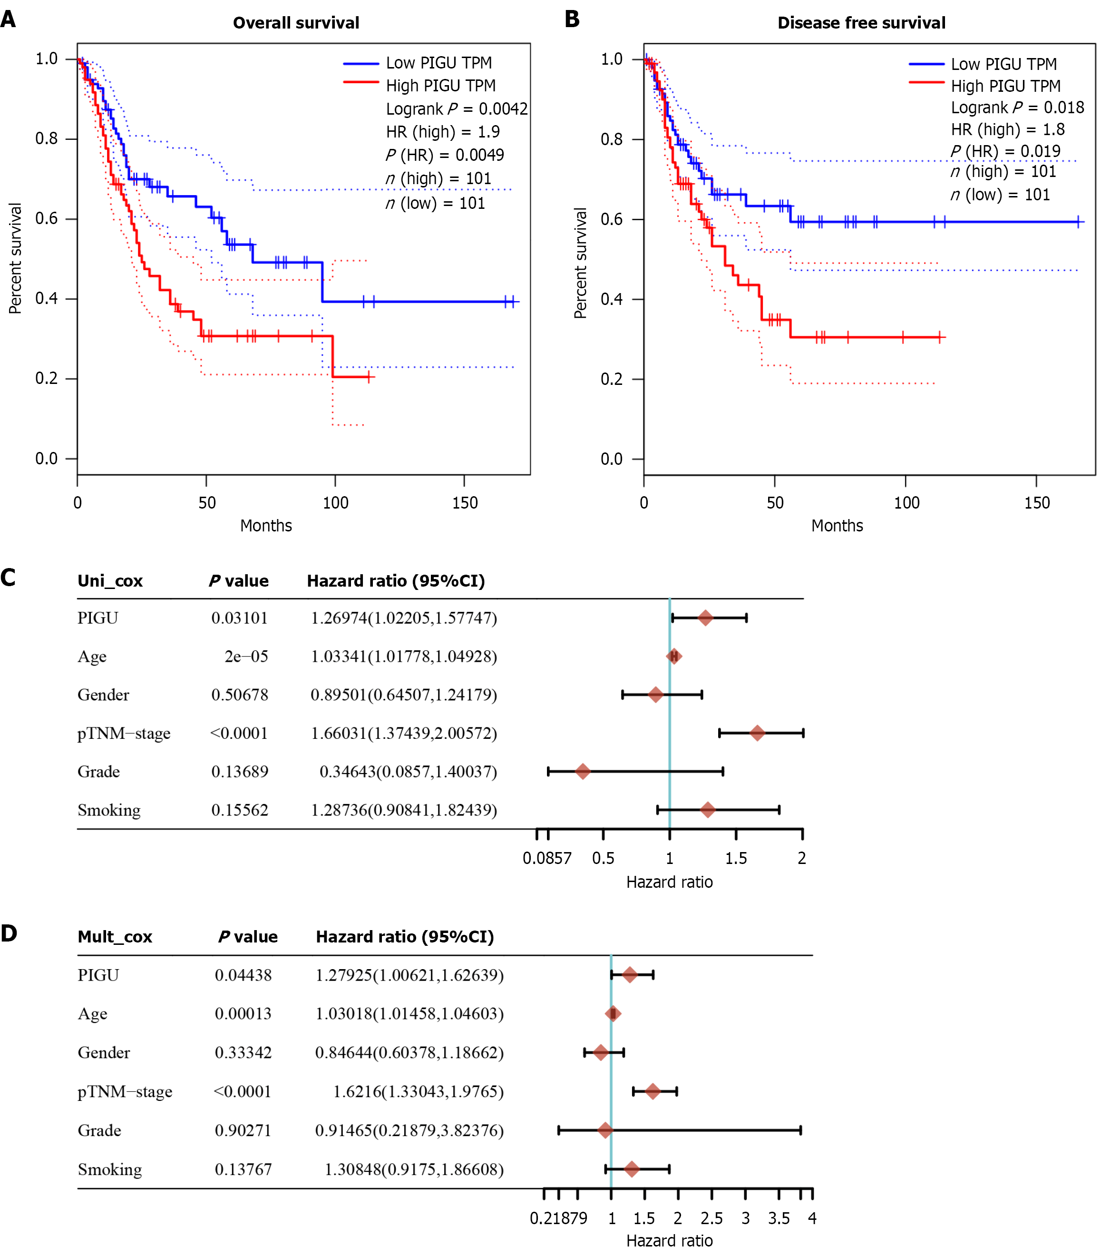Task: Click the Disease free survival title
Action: [861, 23]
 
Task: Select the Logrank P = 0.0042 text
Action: [457, 109]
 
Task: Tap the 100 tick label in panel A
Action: [335, 503]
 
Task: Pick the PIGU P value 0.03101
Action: [240, 618]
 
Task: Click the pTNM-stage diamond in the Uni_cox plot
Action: [757, 733]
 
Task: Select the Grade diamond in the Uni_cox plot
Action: [583, 771]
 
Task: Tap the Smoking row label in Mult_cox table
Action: [109, 1169]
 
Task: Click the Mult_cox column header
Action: [115, 937]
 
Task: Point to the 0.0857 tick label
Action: [547, 858]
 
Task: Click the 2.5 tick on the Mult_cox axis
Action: [711, 1218]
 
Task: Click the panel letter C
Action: [8, 578]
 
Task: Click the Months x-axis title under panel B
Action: [837, 526]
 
